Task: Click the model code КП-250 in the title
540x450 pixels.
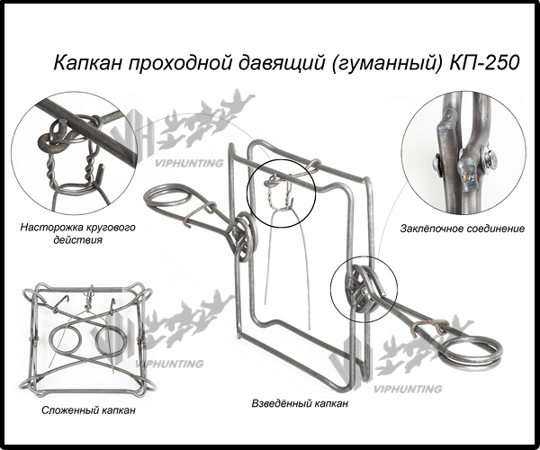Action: click(x=484, y=63)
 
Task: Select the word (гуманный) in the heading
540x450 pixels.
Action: click(x=387, y=64)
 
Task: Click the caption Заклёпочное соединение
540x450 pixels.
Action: click(x=463, y=229)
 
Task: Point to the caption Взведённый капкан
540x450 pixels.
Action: click(x=300, y=403)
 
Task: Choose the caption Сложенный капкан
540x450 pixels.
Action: click(x=88, y=410)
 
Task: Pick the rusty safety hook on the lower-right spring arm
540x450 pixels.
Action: click(x=430, y=327)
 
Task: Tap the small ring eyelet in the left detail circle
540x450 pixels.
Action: click(x=51, y=142)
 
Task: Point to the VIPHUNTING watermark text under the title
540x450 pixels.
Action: click(x=189, y=163)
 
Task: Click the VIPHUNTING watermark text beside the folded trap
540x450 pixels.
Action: click(x=169, y=364)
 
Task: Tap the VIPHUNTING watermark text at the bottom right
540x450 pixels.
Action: click(x=408, y=389)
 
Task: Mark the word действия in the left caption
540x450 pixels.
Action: click(x=77, y=239)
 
